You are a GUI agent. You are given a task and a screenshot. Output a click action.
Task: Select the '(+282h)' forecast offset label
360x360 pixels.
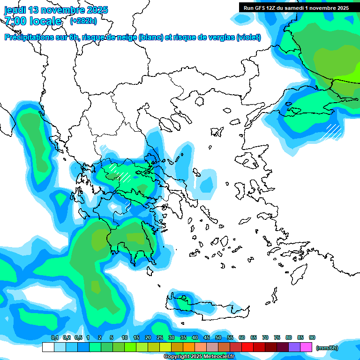click(x=83, y=21)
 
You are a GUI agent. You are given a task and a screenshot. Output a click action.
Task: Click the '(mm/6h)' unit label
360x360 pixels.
click(x=327, y=348)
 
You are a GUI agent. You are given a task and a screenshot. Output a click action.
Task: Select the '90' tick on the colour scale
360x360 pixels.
click(x=312, y=337)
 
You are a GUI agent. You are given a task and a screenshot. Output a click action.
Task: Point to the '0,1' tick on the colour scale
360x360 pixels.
click(x=54, y=337)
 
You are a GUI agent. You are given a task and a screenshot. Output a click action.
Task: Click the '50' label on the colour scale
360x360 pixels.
click(x=218, y=337)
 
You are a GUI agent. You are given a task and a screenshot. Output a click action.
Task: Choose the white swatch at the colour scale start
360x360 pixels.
click(x=48, y=347)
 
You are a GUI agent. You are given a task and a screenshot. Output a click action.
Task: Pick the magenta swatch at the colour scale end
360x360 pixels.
click(x=306, y=347)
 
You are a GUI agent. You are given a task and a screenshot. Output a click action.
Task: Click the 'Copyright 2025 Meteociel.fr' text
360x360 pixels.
click(x=199, y=357)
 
